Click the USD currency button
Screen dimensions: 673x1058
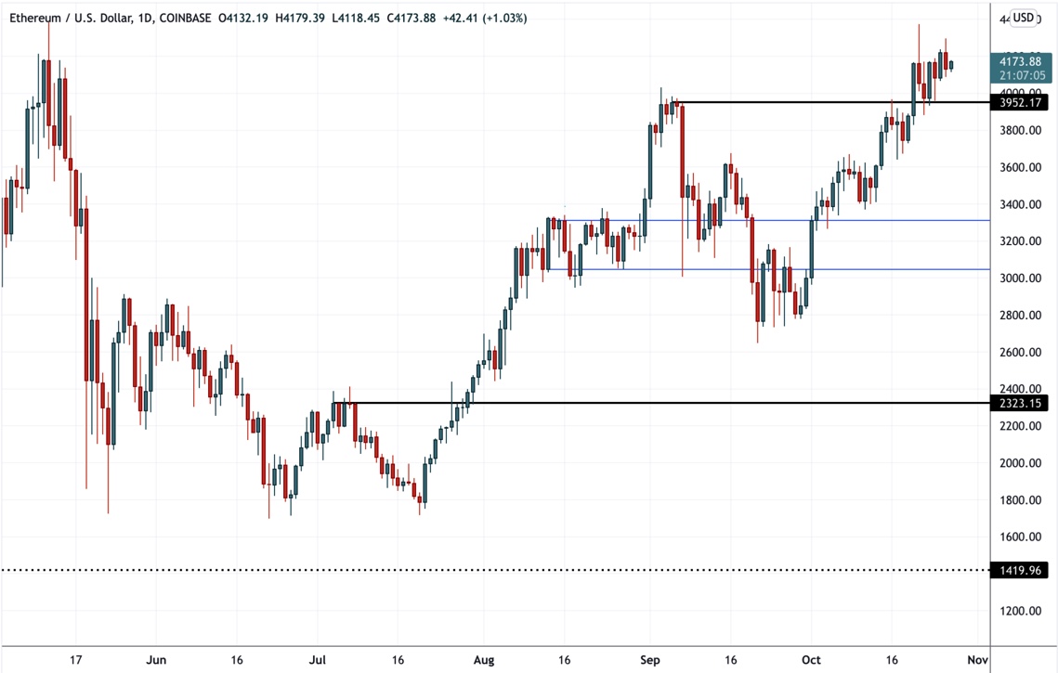coord(1023,18)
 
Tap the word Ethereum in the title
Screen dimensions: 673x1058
coord(34,18)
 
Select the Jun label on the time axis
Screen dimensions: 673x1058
coord(156,659)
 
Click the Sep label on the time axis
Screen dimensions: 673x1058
coord(650,659)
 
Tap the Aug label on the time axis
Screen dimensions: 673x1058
coord(484,659)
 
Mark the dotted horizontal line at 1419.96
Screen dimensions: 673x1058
coord(464,570)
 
